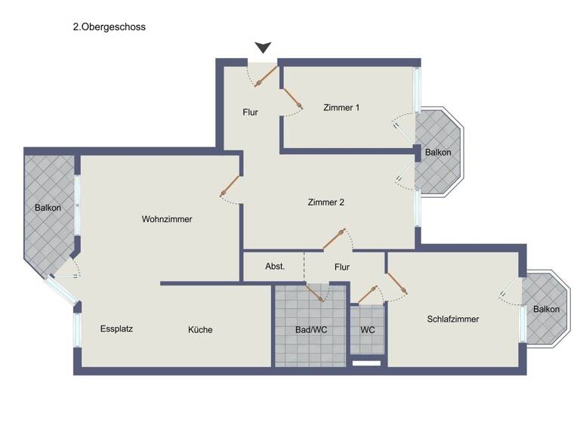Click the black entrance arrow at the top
pos(263,48)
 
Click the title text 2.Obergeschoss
pos(109,26)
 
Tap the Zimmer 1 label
pos(341,107)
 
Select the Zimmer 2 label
pos(326,202)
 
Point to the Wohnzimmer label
pos(167,219)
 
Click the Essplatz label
pos(116,329)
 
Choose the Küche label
pos(200,330)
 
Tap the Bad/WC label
pos(310,330)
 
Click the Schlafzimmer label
pos(452,319)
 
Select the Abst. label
pos(275,267)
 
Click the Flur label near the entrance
pos(251,113)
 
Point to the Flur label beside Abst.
pos(342,267)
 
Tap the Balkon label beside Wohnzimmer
pos(48,208)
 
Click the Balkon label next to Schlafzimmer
pos(547,310)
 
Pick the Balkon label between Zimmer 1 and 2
pos(438,153)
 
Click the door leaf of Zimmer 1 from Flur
pos(293,100)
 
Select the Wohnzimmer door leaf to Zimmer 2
pos(230,187)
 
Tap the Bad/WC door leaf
pos(314,293)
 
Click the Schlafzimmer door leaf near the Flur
pos(396,284)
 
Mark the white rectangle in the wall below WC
pos(367,363)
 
